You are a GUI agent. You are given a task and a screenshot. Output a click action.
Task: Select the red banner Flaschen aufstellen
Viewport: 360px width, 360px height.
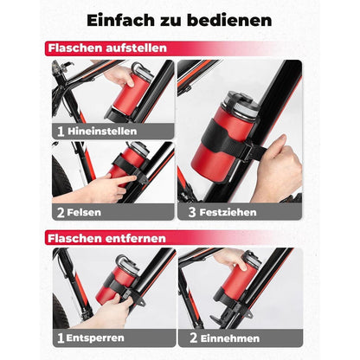click(x=108, y=48)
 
